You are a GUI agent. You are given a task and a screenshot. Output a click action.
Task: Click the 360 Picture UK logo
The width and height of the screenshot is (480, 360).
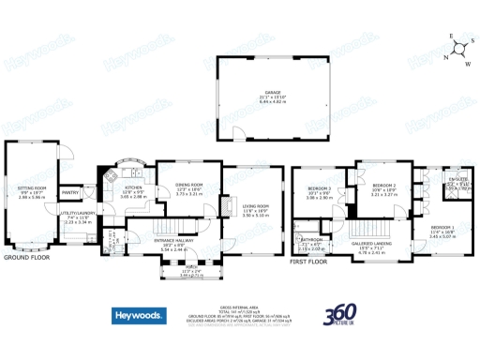tap(339, 319)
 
